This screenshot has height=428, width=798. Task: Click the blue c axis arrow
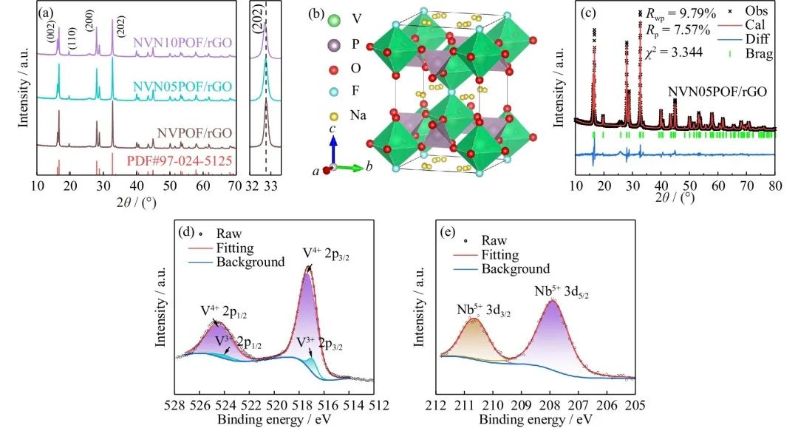(333, 152)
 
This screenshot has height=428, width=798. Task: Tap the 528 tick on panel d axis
(175, 405)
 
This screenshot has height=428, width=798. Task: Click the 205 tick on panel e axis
(635, 405)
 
